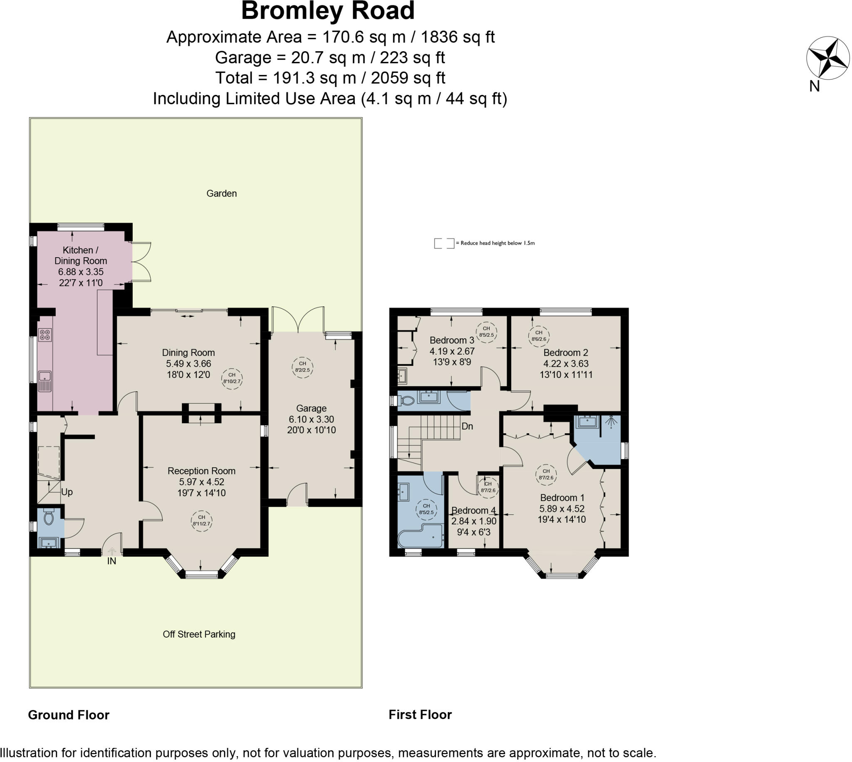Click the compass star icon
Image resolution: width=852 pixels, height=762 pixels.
point(827,59)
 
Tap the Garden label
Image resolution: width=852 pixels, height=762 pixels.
point(221,194)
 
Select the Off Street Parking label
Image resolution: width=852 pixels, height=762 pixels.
point(199,634)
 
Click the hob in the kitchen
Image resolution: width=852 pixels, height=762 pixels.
point(45,335)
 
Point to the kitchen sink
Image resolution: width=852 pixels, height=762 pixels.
point(45,381)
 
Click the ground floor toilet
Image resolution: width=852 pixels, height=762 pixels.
point(49,517)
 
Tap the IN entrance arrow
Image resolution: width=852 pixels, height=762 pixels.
point(112,552)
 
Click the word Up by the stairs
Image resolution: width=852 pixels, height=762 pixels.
point(67,492)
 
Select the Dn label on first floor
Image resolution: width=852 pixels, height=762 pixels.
point(467,426)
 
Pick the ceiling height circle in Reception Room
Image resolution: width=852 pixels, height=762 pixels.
point(201,521)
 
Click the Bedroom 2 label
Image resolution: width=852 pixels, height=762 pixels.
point(565,352)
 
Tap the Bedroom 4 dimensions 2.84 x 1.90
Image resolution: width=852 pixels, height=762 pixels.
point(474,521)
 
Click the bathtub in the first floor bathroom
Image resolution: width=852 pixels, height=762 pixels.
point(421,536)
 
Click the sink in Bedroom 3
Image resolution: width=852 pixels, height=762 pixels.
point(402,375)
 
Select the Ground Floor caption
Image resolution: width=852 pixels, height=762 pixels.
point(69,715)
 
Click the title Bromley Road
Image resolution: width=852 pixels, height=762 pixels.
point(328,11)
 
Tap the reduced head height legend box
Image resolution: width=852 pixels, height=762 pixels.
point(443,243)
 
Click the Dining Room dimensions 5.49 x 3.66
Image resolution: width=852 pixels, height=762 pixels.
point(188,363)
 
